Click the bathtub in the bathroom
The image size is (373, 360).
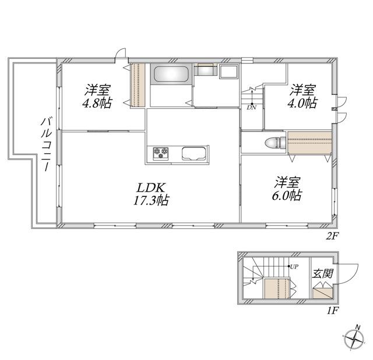pos(171,74)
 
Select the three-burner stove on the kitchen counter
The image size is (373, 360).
pos(161,153)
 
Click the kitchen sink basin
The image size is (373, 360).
pos(193,154)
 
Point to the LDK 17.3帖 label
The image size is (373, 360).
pos(151,194)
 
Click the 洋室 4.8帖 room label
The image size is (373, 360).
pos(97,97)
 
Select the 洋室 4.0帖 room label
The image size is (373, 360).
pos(302,96)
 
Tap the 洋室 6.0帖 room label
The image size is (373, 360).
pos(287,189)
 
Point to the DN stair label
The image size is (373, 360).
pos(251,108)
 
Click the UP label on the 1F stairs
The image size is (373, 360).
pos(294,267)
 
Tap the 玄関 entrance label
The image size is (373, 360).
pos(322,274)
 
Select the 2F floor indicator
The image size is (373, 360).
pos(332,236)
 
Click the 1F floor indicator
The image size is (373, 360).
pos(332,310)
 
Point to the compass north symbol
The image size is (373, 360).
pos(354,338)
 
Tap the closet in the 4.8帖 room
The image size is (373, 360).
pos(138,85)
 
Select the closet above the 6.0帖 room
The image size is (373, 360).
pos(309,143)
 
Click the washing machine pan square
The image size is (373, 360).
pos(228,71)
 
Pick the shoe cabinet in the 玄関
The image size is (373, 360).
pos(322,292)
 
